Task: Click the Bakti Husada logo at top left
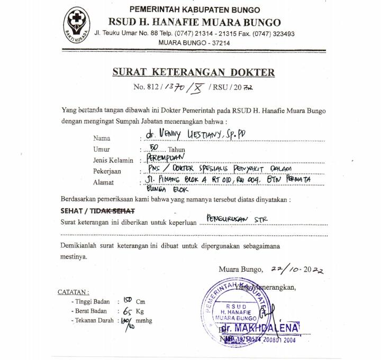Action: [x=77, y=24]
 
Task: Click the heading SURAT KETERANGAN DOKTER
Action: [x=193, y=72]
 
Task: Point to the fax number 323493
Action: [x=277, y=33]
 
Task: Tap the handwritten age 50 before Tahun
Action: [x=154, y=147]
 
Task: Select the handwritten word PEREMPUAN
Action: [x=166, y=158]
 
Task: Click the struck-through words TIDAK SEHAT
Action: [x=115, y=210]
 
